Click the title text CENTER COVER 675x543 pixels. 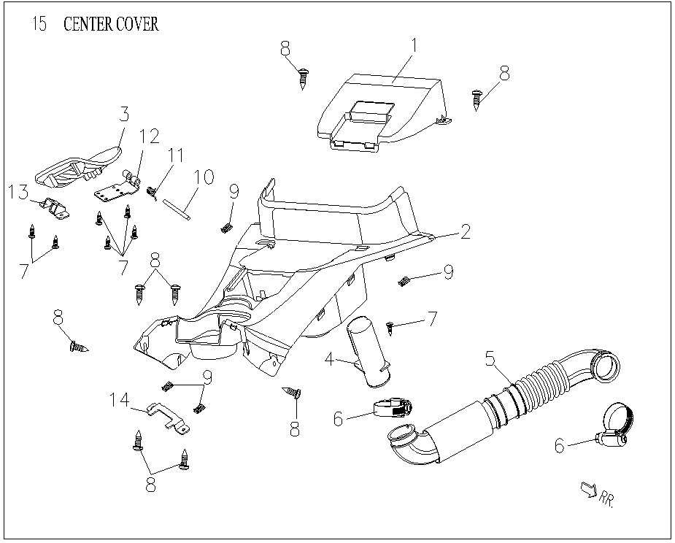(x=111, y=24)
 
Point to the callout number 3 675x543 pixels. (x=124, y=114)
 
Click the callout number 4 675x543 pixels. (x=329, y=359)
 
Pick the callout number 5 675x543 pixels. (x=490, y=358)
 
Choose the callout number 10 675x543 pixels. (x=204, y=177)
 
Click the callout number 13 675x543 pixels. (x=18, y=191)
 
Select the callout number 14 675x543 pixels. (x=120, y=400)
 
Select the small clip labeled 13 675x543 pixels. (x=53, y=207)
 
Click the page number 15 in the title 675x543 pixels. (x=39, y=24)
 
